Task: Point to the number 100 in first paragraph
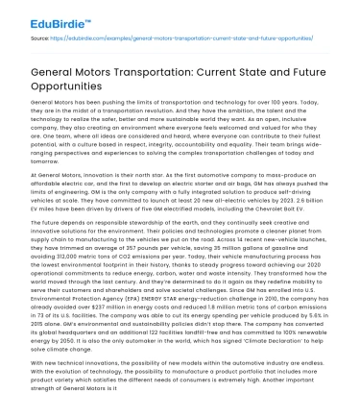(286, 101)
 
